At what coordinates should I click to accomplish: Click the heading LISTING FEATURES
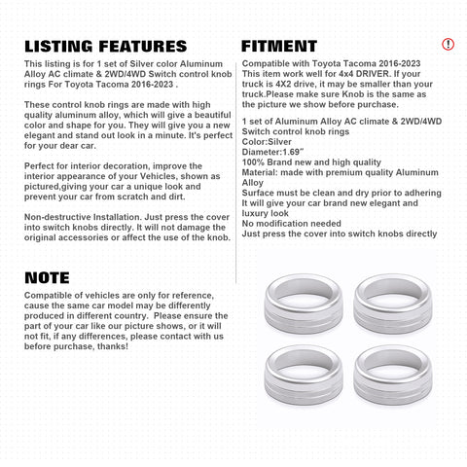[x=105, y=46]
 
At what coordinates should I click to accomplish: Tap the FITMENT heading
[x=278, y=46]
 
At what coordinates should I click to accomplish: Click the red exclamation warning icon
[x=448, y=45]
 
